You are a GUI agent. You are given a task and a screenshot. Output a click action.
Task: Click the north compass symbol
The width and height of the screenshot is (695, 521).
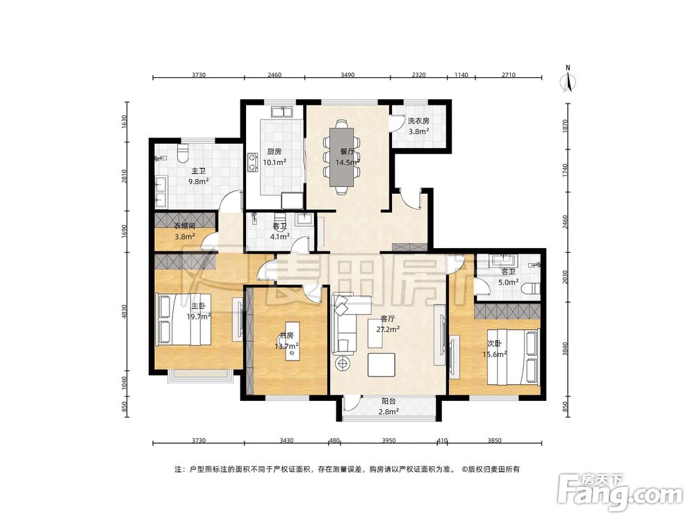568,79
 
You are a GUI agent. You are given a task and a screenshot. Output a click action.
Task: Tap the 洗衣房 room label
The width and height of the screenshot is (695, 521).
418,120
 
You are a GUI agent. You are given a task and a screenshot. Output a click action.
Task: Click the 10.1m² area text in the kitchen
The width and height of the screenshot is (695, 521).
275,162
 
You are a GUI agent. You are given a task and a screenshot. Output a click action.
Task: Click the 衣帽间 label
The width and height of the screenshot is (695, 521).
185,226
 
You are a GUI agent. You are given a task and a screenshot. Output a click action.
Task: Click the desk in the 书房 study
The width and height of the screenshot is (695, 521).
291,341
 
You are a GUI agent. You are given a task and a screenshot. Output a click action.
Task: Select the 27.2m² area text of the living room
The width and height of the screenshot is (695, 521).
388,329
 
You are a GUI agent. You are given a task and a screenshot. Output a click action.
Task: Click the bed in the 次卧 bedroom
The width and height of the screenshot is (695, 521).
514,356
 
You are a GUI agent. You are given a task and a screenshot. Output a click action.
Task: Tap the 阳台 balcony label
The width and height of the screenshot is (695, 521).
389,401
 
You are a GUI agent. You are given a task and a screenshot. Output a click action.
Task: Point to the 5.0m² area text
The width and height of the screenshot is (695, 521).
508,282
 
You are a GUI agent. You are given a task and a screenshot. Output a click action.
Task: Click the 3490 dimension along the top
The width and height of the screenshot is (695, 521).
347,74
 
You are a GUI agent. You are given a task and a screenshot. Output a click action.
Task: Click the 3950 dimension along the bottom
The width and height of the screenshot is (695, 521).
389,440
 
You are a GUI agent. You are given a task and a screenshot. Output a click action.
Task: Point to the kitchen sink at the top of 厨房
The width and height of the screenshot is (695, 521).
281,111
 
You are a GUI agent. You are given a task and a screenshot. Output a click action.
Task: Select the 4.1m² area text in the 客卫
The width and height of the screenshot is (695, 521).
279,236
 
